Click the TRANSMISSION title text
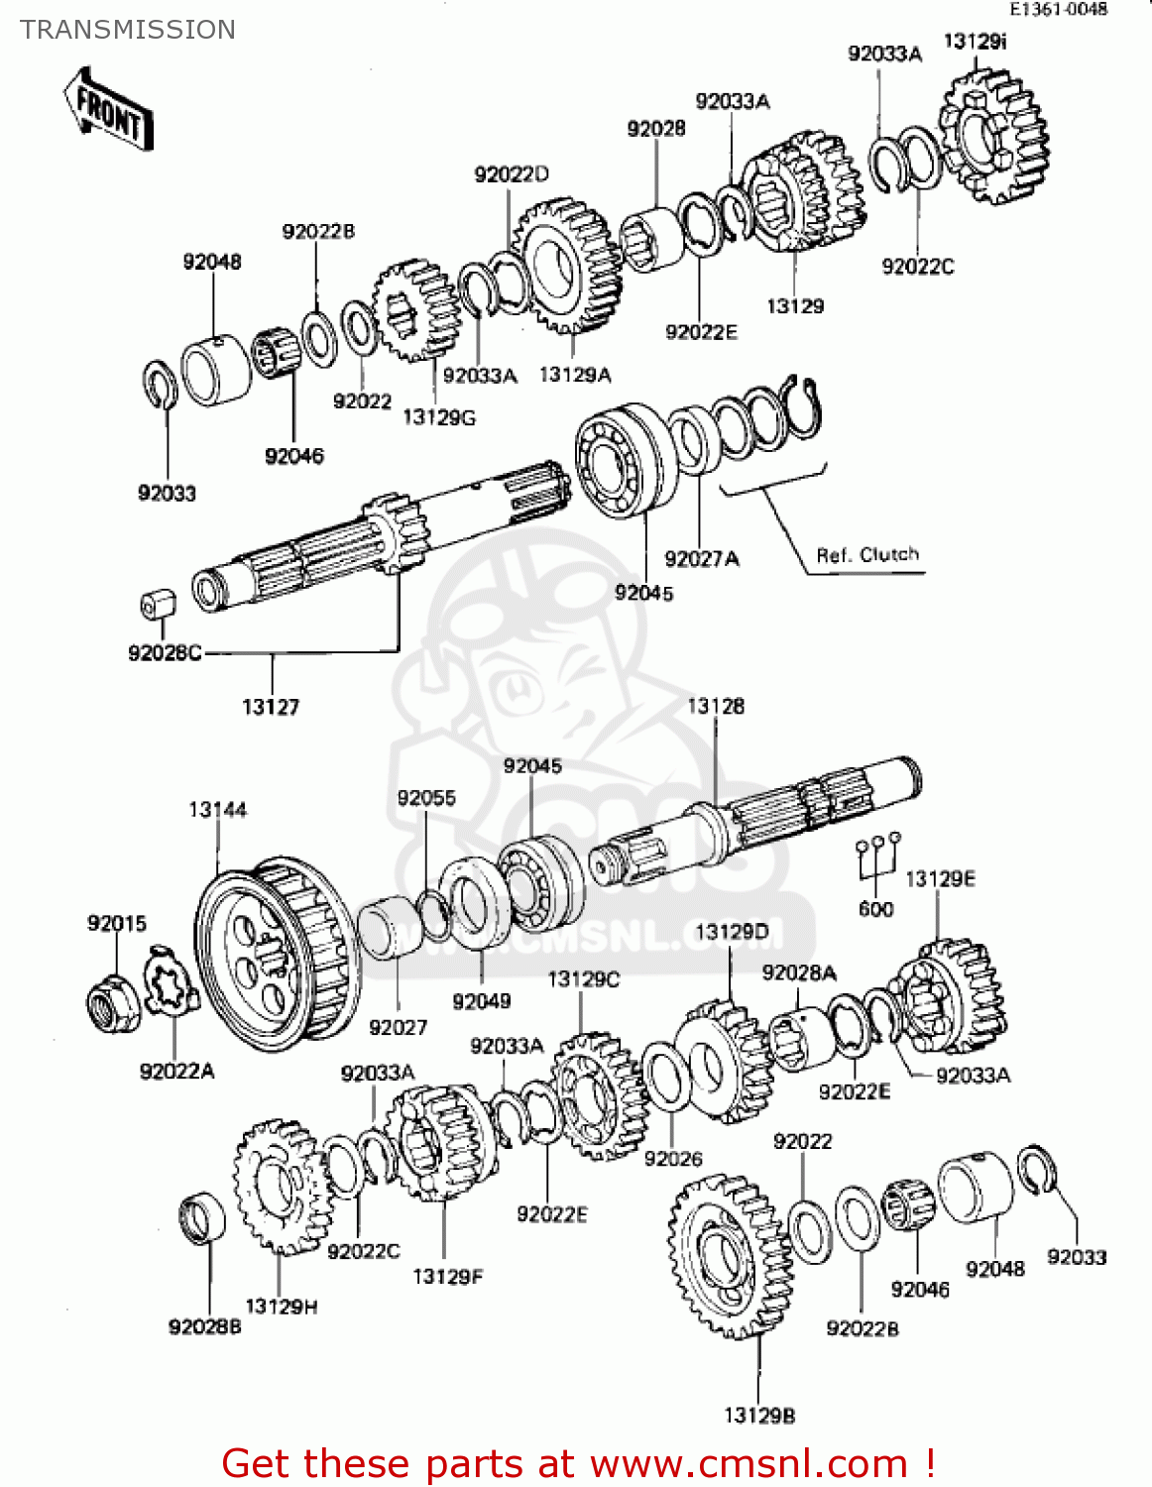click(x=128, y=30)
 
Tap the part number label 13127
click(x=270, y=707)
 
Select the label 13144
click(x=217, y=810)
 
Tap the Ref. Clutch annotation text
click(x=867, y=555)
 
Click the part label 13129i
click(x=975, y=42)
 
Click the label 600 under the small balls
click(x=875, y=909)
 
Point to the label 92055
click(x=426, y=798)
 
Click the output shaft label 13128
click(x=715, y=706)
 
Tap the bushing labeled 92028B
click(x=201, y=1218)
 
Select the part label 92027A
click(x=701, y=559)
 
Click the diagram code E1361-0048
click(x=1058, y=9)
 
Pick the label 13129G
click(x=438, y=417)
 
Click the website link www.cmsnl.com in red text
click(x=749, y=1463)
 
